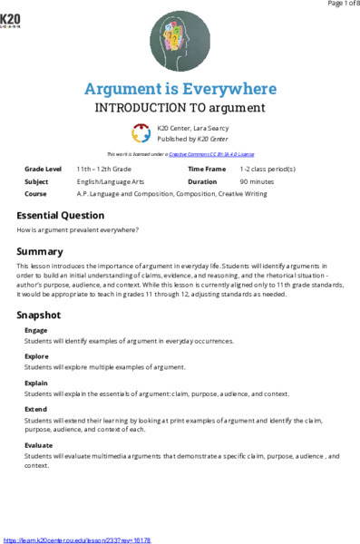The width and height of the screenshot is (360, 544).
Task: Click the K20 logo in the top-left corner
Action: pyautogui.click(x=13, y=18)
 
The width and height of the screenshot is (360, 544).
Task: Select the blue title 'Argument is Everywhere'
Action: pyautogui.click(x=180, y=88)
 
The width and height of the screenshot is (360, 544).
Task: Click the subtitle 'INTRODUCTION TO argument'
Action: pyautogui.click(x=180, y=107)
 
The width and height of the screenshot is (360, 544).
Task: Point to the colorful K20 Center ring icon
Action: pyautogui.click(x=141, y=132)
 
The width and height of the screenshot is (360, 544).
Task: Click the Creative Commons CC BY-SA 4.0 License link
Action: pyautogui.click(x=209, y=155)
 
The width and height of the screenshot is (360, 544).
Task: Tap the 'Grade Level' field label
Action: pyautogui.click(x=44, y=170)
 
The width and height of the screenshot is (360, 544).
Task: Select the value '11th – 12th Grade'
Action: pyautogui.click(x=104, y=170)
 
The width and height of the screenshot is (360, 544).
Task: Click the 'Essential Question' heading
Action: pyautogui.click(x=61, y=216)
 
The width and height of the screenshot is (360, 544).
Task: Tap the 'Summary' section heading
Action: pyautogui.click(x=40, y=250)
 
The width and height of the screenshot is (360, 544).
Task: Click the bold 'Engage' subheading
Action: pyautogui.click(x=36, y=331)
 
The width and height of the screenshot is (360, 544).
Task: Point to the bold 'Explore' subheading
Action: pyautogui.click(x=37, y=357)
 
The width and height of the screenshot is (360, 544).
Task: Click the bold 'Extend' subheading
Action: pyautogui.click(x=36, y=410)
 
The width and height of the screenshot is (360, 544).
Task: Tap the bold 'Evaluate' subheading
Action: pyautogui.click(x=39, y=446)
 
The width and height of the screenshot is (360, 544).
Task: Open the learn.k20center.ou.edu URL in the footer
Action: pyautogui.click(x=77, y=539)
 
